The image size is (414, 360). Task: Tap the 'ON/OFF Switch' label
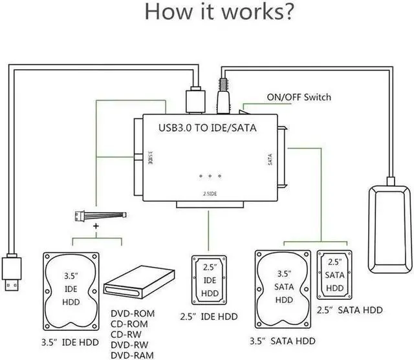298,97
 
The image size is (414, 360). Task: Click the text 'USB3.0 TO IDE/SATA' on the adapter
208,128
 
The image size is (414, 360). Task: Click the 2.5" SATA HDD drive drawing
334,275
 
